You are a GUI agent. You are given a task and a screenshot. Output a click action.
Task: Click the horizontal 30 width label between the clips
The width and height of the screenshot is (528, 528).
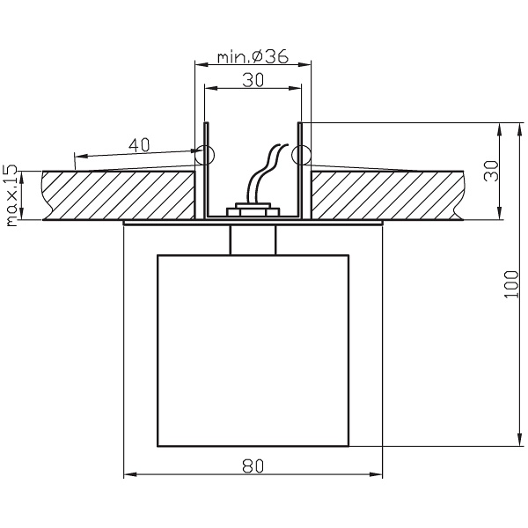(253, 78)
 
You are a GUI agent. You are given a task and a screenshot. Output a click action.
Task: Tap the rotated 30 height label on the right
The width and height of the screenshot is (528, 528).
(493, 171)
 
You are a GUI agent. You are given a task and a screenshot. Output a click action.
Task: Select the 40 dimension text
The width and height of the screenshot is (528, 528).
(137, 145)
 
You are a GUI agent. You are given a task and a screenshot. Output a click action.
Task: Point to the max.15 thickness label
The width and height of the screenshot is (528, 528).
(11, 195)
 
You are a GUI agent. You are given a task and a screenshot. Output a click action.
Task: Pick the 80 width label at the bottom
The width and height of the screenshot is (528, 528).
(253, 467)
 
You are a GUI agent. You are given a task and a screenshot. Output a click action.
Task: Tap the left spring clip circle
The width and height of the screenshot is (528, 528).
(204, 156)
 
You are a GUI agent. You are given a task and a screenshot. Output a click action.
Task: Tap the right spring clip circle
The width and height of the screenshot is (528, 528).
(301, 156)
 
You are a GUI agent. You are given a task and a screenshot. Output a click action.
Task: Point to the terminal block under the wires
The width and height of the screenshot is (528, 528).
(253, 212)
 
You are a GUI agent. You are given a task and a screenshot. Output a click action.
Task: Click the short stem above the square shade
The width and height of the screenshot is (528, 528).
(253, 239)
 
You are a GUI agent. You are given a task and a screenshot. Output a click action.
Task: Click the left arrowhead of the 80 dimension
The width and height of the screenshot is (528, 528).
(128, 476)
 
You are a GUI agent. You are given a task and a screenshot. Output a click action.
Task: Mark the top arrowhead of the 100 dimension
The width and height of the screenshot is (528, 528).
(501, 127)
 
